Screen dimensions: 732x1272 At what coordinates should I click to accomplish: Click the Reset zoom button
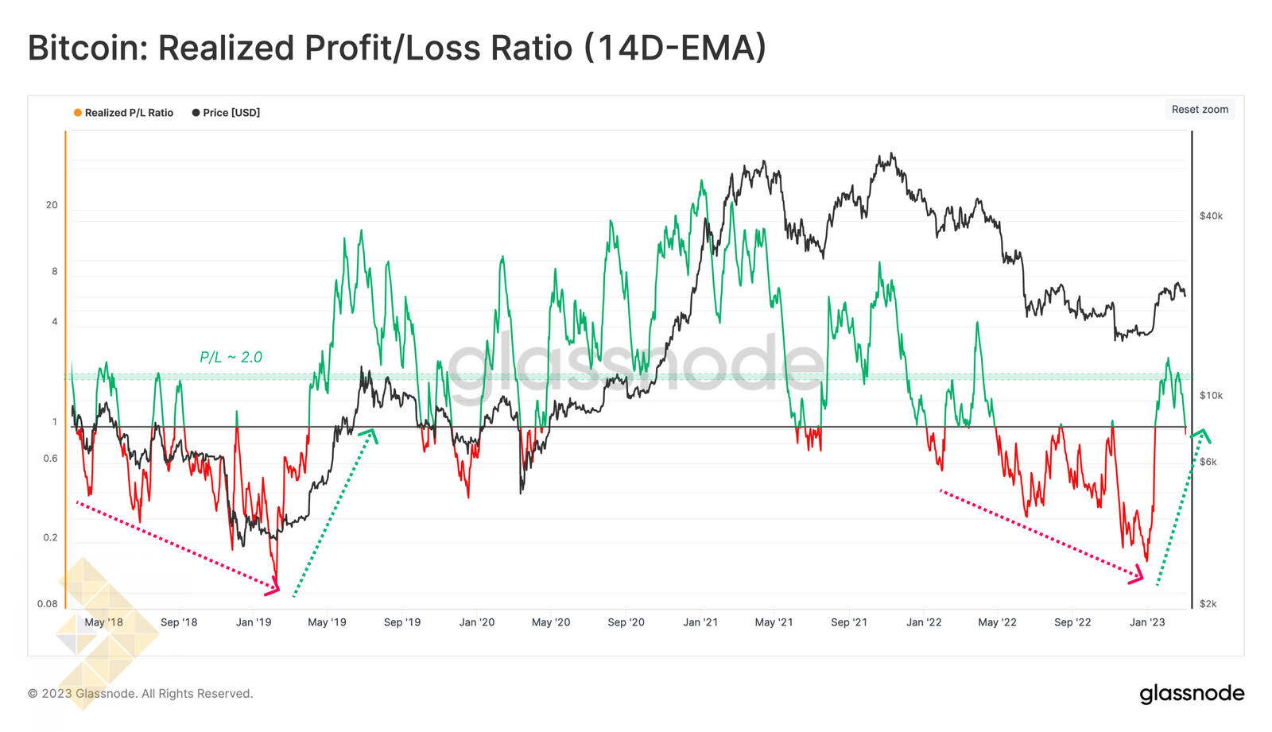point(1200,110)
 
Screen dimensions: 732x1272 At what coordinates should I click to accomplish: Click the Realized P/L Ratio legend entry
point(128,113)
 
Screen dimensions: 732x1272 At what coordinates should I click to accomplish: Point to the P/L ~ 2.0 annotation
point(231,358)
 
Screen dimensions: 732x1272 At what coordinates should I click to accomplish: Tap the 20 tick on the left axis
point(52,205)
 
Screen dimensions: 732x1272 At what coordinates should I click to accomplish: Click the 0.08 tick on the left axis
point(48,604)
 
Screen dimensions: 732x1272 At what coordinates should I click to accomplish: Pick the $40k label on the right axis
point(1211,216)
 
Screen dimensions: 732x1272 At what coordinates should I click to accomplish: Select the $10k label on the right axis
point(1211,396)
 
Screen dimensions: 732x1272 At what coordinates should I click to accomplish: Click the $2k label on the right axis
point(1208,604)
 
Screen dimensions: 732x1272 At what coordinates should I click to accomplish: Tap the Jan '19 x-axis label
point(254,622)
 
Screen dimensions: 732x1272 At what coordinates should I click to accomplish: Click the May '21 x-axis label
point(774,622)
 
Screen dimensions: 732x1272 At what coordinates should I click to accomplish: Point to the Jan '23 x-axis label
point(1147,622)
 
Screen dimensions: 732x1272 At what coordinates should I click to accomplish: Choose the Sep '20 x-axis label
point(626,622)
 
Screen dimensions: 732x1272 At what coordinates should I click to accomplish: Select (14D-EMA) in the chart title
point(675,48)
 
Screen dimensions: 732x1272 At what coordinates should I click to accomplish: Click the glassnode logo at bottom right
point(1192,694)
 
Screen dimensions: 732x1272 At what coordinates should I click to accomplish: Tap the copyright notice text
point(140,694)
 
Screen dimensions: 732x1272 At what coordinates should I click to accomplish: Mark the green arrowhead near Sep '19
point(369,434)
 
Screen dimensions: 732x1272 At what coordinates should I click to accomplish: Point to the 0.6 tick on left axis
point(50,459)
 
